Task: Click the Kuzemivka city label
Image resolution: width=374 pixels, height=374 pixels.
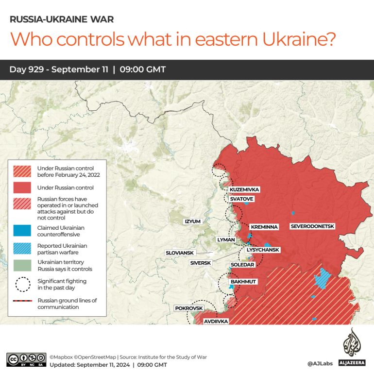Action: click(244, 189)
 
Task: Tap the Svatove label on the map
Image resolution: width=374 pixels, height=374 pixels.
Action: click(241, 199)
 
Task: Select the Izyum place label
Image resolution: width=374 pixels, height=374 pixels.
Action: click(192, 221)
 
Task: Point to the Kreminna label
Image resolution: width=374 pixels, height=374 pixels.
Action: click(264, 227)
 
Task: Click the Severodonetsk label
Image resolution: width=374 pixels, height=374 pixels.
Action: click(312, 226)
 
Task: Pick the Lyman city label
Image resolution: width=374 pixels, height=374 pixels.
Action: click(226, 240)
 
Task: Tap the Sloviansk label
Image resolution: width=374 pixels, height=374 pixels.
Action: click(180, 253)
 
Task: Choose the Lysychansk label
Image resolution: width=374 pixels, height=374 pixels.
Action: click(263, 250)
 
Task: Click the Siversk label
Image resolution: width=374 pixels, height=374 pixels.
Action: click(201, 263)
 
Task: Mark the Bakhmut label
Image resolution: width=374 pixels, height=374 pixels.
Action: click(243, 282)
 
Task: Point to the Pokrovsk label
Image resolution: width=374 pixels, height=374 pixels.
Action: click(189, 308)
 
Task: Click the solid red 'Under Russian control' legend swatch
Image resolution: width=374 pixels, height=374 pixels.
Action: click(23, 187)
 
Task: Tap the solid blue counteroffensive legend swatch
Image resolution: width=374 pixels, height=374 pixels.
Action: click(23, 228)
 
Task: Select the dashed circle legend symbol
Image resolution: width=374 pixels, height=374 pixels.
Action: click(23, 284)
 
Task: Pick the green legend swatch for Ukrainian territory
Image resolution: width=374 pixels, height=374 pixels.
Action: click(23, 265)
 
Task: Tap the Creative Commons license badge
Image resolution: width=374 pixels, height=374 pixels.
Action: click(26, 359)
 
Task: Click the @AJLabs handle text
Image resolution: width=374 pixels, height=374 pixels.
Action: click(320, 363)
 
